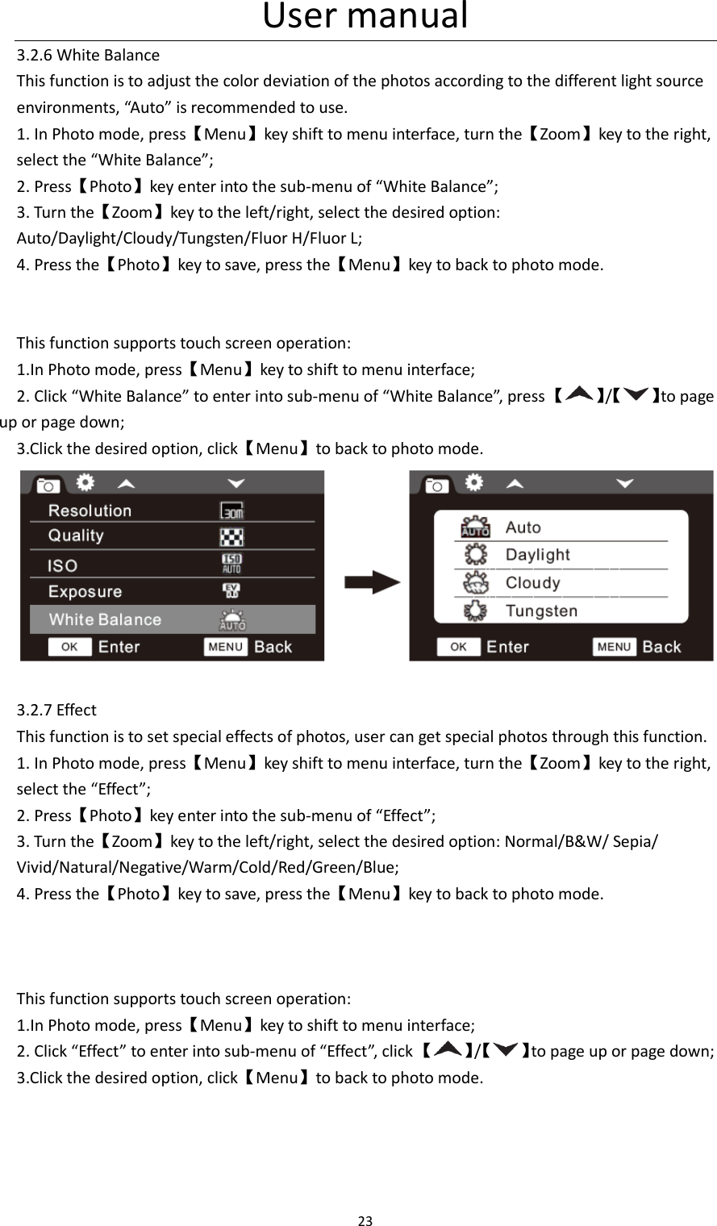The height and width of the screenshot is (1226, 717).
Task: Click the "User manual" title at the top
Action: (x=365, y=17)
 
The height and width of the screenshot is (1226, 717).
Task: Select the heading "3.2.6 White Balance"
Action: (x=89, y=56)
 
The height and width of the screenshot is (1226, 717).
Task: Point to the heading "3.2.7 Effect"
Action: (x=56, y=710)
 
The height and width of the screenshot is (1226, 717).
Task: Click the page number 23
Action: (x=365, y=1220)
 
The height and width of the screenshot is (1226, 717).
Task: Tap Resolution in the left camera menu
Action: (x=90, y=511)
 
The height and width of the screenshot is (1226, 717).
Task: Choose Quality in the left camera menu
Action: (x=76, y=536)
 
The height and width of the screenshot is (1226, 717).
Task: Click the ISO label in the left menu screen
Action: (x=62, y=565)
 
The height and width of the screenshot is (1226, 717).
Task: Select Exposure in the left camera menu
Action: (x=85, y=591)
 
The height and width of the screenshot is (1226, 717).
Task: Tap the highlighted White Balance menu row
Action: (x=172, y=619)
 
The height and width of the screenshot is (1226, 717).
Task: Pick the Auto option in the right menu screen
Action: (x=523, y=528)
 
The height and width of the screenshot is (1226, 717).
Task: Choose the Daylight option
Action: (x=537, y=555)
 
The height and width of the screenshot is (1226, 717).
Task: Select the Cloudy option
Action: (x=532, y=582)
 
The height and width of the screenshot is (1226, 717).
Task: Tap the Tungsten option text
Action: (x=541, y=611)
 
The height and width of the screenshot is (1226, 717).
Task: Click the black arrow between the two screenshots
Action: (x=372, y=583)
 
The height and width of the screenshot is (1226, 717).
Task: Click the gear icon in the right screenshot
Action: (x=475, y=482)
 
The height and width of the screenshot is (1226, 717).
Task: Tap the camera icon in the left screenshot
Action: (x=48, y=486)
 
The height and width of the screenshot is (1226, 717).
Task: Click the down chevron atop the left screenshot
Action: (x=236, y=483)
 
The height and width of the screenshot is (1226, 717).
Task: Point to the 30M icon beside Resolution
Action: (x=232, y=511)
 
